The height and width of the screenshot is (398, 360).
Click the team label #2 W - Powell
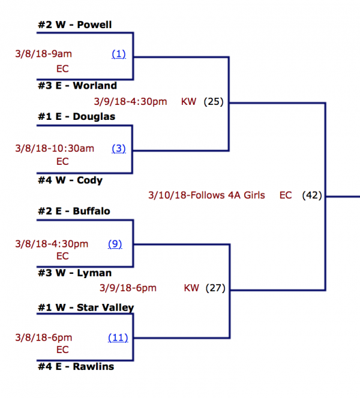tap(74, 25)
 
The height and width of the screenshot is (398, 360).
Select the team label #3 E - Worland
tap(77, 86)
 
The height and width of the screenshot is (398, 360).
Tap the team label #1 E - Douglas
tap(76, 116)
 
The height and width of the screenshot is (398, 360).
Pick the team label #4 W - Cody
tap(70, 180)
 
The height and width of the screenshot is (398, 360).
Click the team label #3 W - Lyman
tap(74, 273)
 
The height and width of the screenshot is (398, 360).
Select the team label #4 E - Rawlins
tap(76, 366)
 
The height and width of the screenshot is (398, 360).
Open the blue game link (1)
tap(119, 54)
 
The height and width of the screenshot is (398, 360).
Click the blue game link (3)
tap(119, 148)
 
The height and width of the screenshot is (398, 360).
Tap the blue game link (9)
tap(115, 243)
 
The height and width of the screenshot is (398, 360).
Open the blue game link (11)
tap(118, 337)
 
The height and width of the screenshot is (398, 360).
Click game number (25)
tap(213, 102)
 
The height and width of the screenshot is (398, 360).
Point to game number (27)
tap(215, 288)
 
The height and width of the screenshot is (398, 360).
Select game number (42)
tap(313, 195)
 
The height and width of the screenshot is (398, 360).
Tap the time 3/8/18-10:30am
tap(55, 148)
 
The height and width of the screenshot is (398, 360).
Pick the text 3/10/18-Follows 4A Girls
tap(206, 195)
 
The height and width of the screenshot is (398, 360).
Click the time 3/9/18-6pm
tap(127, 288)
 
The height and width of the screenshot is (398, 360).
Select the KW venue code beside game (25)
tap(188, 102)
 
